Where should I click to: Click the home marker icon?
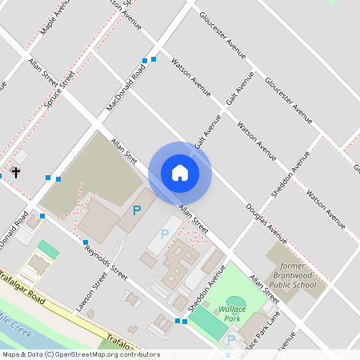pyautogui.click(x=179, y=173)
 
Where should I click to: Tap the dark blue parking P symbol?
pyautogui.click(x=137, y=210)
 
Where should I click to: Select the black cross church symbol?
pyautogui.click(x=15, y=171)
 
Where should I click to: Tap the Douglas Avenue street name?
pyautogui.click(x=266, y=222)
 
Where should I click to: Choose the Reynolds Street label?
pyautogui.click(x=107, y=260)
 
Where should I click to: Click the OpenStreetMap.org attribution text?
pyautogui.click(x=104, y=354)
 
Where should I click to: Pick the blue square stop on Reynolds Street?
pyautogui.click(x=86, y=242)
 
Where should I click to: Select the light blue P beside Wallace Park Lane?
pyautogui.click(x=231, y=340)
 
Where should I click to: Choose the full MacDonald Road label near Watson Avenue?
pyautogui.click(x=127, y=89)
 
